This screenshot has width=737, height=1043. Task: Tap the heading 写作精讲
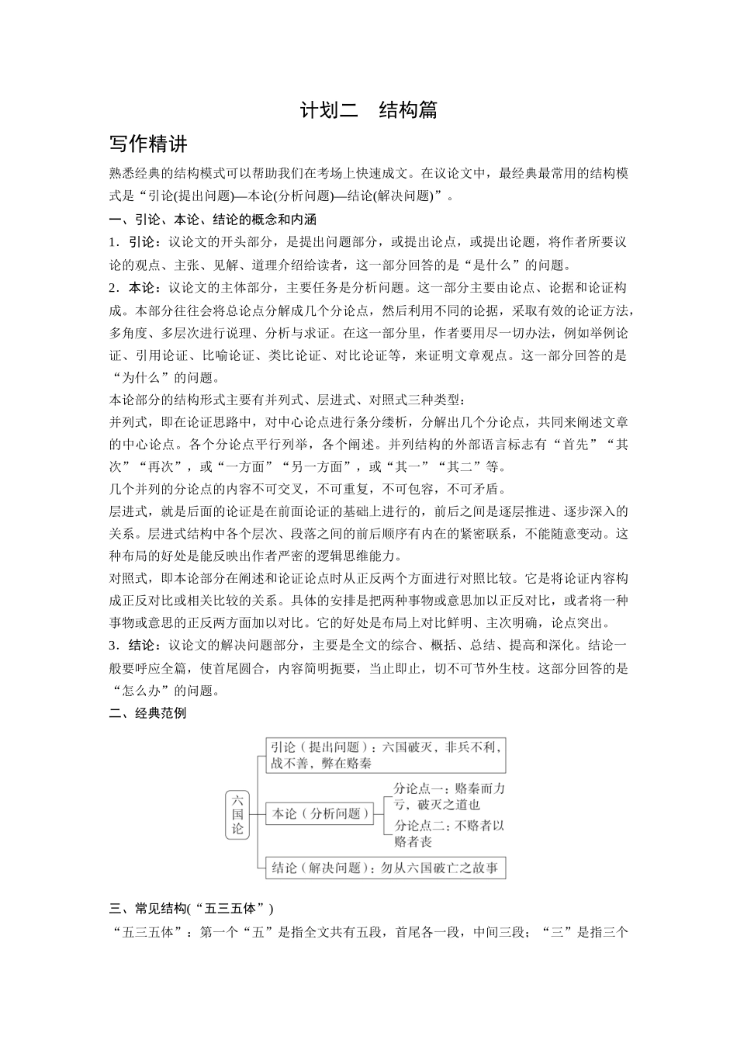click(148, 145)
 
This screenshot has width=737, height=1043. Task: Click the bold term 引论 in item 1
click(144, 242)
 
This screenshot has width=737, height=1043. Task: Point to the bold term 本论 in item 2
click(144, 288)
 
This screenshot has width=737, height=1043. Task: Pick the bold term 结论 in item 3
click(144, 645)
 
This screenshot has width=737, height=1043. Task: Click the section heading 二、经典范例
click(148, 713)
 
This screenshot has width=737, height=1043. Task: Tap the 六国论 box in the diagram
click(237, 814)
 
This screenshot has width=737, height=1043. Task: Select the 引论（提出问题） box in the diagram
click(318, 747)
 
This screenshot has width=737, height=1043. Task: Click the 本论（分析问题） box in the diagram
click(318, 814)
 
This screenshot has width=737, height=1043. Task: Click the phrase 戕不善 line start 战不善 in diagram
click(289, 763)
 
